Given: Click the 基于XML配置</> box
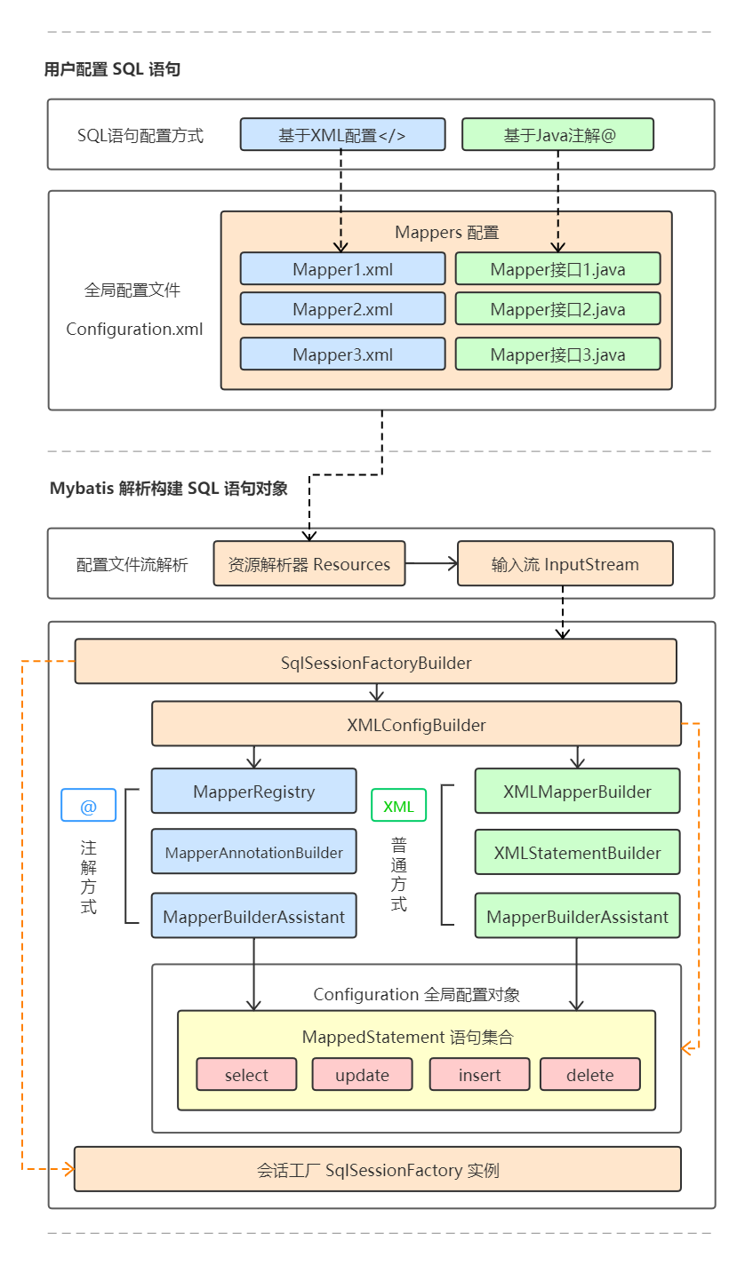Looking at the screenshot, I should [342, 135].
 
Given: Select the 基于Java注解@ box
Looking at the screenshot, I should [557, 135].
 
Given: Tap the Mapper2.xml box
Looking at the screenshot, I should [342, 309].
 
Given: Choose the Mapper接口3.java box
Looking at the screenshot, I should [557, 354].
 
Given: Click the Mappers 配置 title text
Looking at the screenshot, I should [446, 233].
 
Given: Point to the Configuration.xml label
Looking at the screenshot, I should [134, 330].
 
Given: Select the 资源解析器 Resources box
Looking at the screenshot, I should [308, 564].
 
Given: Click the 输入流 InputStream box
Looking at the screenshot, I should [565, 564].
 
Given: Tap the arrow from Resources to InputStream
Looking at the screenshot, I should [431, 563].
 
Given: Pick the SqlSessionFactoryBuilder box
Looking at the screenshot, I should [375, 663].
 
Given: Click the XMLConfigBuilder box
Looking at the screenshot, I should [416, 725].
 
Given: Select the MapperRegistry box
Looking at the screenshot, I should [253, 792].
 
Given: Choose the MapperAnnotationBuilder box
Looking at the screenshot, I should [253, 853].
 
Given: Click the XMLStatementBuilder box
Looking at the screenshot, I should [577, 853].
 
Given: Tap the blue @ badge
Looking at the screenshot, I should [88, 806].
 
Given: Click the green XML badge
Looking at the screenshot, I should [398, 806].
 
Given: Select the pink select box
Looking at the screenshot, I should [246, 1075].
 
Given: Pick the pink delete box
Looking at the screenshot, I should [589, 1075].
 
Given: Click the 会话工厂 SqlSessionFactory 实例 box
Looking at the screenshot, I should [377, 1170].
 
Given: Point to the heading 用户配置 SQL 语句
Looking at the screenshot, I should [113, 69].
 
